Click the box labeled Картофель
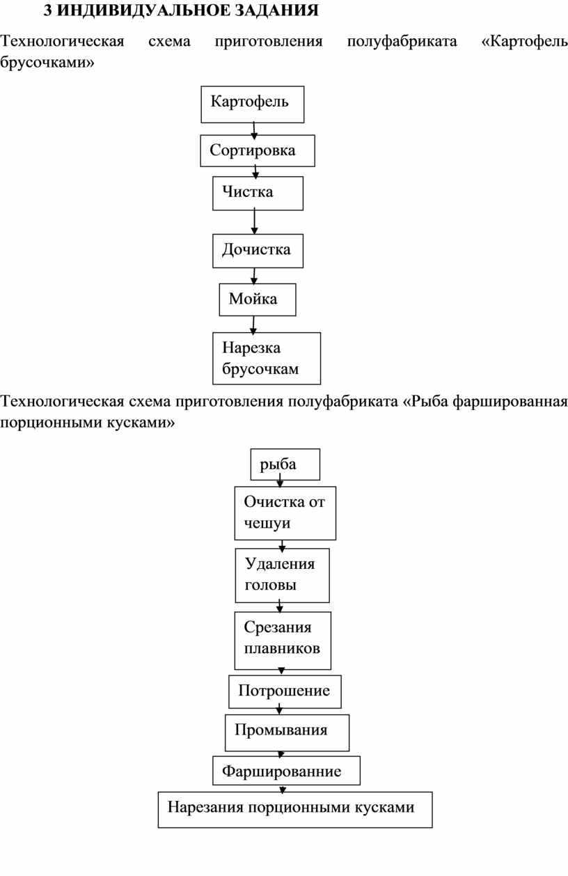253,104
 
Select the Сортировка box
258,150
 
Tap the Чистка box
258,193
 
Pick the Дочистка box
258,251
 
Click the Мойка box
258,299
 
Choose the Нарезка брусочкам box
267,358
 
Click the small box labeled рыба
285,464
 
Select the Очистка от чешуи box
285,513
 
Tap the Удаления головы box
282,575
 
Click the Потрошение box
285,691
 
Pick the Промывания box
287,733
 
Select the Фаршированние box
287,770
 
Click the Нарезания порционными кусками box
295,810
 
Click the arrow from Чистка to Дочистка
255,222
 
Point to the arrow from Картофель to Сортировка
253,131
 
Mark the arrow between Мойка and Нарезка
253,325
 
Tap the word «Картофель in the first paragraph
525,42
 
